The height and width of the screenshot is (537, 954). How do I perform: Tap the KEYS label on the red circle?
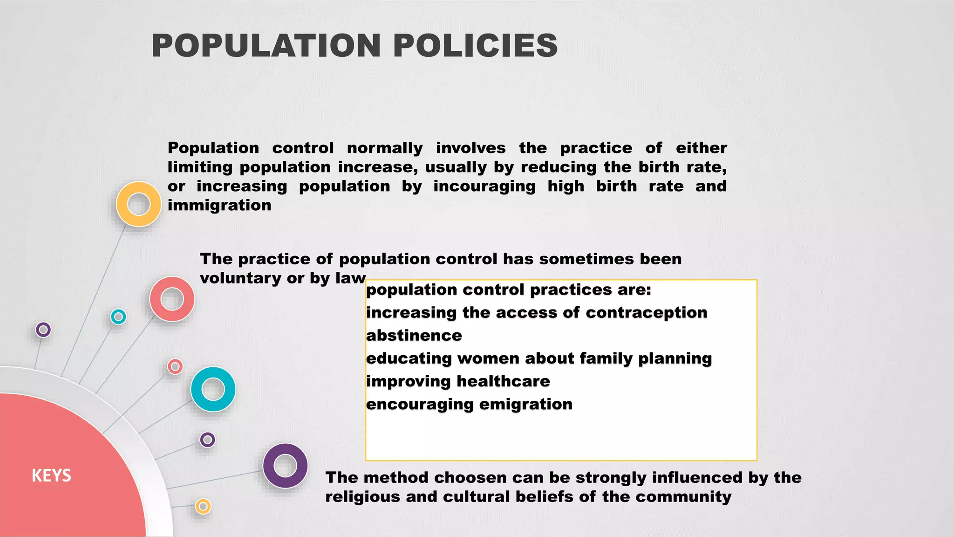pyautogui.click(x=51, y=475)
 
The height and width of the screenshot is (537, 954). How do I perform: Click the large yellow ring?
pyautogui.click(x=138, y=204)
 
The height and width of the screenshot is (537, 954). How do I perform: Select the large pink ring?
pyautogui.click(x=172, y=299)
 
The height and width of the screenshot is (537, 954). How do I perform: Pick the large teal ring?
pyautogui.click(x=213, y=389)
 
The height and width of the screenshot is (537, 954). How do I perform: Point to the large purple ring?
pyautogui.click(x=285, y=465)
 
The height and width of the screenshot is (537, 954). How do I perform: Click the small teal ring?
pyautogui.click(x=118, y=317)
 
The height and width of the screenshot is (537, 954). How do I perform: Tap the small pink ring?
pyautogui.click(x=175, y=367)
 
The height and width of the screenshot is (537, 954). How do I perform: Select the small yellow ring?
pyautogui.click(x=203, y=506)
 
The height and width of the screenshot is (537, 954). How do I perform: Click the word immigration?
pyautogui.click(x=219, y=205)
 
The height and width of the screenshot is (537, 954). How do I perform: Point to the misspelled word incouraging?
pyautogui.click(x=484, y=186)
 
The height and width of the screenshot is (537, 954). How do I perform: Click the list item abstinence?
pyautogui.click(x=414, y=335)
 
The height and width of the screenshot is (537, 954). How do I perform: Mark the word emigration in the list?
pyautogui.click(x=525, y=404)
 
